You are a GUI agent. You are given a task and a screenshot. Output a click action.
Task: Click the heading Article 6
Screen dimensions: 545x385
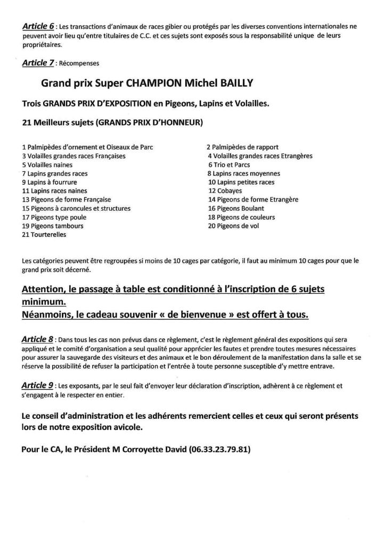(39, 26)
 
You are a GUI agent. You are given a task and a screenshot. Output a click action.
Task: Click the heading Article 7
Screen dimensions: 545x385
(39, 63)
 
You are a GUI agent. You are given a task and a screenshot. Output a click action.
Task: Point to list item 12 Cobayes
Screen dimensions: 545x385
(225, 191)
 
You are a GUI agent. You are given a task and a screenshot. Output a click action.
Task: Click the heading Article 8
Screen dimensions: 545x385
(39, 338)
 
